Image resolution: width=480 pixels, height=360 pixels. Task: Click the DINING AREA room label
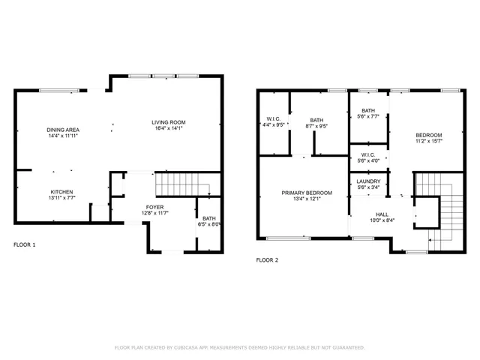coord(63,130)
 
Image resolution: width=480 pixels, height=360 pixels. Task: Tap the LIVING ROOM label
coord(168,122)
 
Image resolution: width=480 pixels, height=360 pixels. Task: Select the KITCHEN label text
coord(62,191)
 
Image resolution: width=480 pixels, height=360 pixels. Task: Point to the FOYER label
coord(155,206)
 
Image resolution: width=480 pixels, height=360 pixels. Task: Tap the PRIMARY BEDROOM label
coord(304,193)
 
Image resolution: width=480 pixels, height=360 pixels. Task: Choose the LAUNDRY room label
coord(368,181)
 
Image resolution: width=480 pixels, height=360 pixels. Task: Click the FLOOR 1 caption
coord(25,245)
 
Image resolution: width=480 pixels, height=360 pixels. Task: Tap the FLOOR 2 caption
coord(267,260)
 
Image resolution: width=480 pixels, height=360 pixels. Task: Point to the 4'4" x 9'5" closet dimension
coord(273,125)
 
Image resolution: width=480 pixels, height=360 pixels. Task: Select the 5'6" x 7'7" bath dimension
coord(368,116)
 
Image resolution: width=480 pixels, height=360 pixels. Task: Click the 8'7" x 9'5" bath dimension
coord(316,125)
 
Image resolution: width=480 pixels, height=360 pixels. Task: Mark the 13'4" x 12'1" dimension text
coord(304,199)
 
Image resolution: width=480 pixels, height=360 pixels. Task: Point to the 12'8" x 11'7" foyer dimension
coord(155,213)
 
